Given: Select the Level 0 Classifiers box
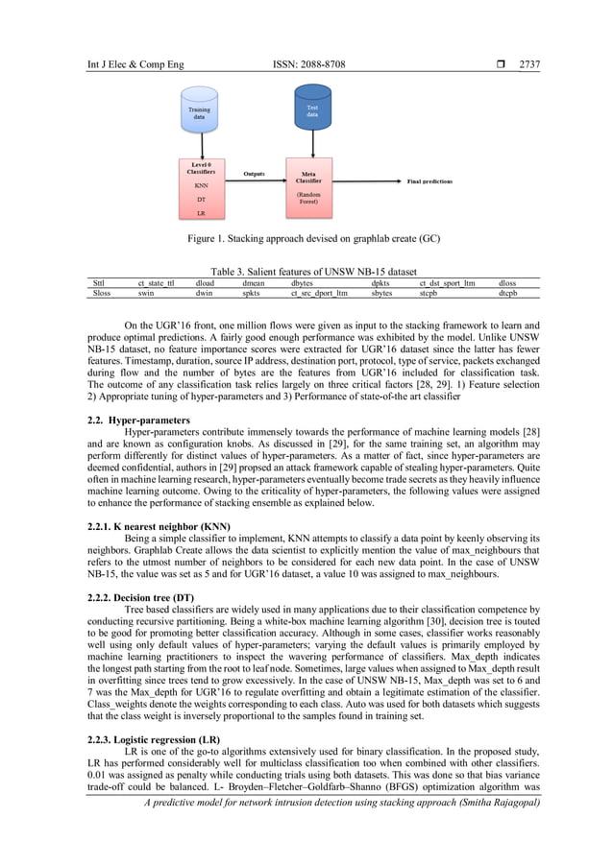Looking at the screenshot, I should (x=202, y=188).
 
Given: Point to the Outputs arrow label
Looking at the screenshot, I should (x=255, y=174).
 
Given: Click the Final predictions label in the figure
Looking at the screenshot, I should (x=429, y=180).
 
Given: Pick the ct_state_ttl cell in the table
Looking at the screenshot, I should (x=156, y=283).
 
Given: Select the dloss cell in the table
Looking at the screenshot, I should (x=507, y=283).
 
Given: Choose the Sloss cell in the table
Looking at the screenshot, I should (x=101, y=294).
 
